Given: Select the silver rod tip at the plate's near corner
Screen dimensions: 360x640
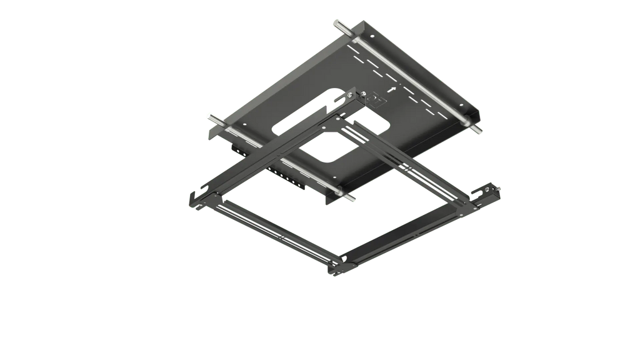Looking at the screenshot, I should point(354,197).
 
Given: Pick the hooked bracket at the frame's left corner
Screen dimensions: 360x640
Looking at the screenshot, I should point(192,199).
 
